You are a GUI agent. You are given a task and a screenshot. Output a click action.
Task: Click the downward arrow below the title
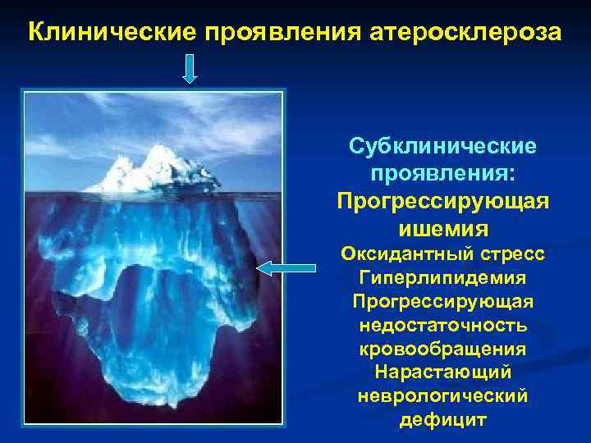[190, 69]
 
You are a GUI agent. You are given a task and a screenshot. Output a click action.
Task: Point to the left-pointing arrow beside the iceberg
[286, 267]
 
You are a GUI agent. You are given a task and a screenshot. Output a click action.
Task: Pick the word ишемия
[443, 227]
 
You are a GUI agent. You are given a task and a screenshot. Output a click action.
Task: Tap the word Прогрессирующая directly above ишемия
[443, 200]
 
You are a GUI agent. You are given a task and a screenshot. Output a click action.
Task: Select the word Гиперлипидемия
[443, 278]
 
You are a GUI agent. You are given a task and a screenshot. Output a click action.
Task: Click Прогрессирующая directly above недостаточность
[443, 302]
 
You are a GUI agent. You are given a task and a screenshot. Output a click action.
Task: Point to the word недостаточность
[443, 326]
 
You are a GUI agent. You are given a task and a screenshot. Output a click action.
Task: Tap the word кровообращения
[443, 349]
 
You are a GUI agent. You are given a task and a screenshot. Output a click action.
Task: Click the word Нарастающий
[443, 373]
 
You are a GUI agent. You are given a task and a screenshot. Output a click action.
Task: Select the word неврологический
[443, 396]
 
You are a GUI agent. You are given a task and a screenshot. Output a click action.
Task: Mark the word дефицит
[443, 420]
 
